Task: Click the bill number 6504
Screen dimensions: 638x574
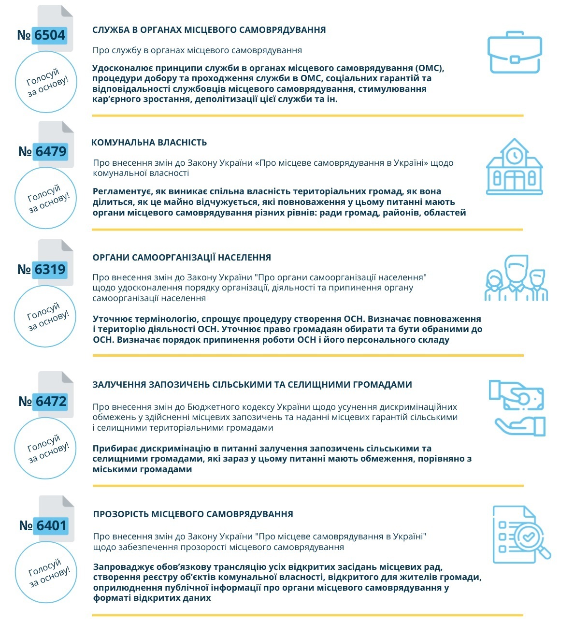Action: tap(49, 35)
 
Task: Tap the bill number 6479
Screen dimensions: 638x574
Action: tap(51, 152)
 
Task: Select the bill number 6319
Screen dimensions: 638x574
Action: tap(50, 270)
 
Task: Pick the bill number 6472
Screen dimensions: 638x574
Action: tap(51, 402)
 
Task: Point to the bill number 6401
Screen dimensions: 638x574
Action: tap(51, 526)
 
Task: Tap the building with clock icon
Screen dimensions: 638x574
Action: tap(514, 167)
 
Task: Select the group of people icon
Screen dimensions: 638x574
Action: tap(516, 279)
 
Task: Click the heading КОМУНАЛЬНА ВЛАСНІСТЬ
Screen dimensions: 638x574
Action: tap(149, 143)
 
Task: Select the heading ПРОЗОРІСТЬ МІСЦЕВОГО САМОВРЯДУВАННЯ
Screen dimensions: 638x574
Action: tap(193, 514)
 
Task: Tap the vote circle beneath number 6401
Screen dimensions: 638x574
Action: tap(46, 572)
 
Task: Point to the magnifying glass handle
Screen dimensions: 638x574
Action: tap(545, 552)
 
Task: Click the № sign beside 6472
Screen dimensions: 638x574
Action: tap(25, 402)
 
